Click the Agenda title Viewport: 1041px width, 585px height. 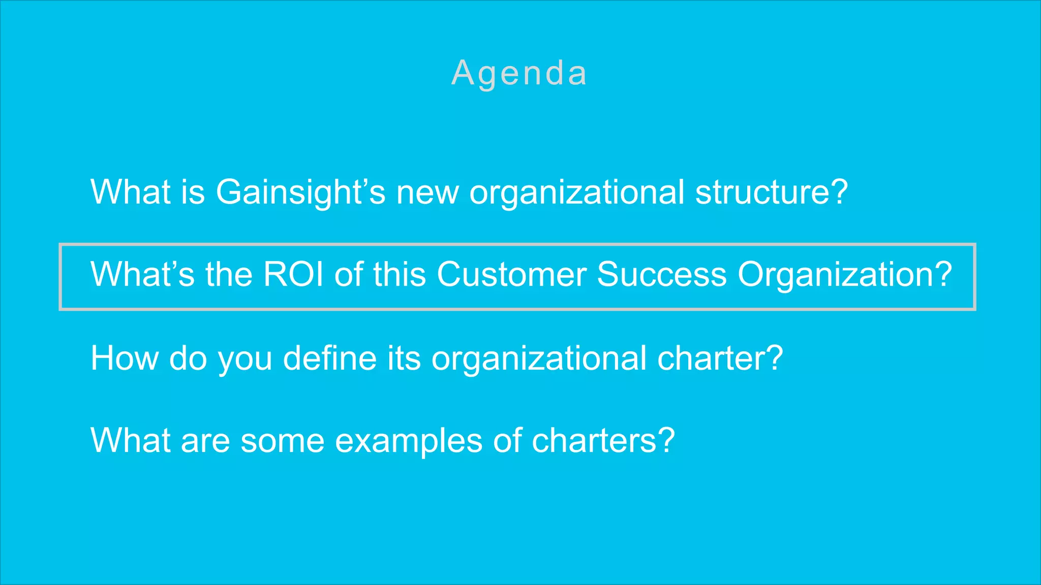tap(519, 73)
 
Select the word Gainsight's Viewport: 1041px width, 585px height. tap(300, 192)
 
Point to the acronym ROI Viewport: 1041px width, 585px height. tap(293, 275)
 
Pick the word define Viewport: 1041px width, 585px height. tap(330, 358)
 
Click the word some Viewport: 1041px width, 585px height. tap(283, 441)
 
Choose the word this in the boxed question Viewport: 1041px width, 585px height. tap(400, 275)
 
